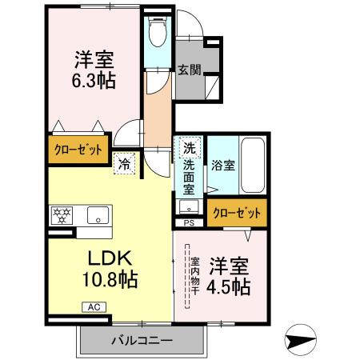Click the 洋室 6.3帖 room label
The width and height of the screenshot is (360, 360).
(x=93, y=69)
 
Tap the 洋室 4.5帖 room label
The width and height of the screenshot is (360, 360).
(x=230, y=275)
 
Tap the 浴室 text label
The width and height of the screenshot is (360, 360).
(x=222, y=166)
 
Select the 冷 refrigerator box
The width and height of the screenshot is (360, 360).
(x=125, y=160)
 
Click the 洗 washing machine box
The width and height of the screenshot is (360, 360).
(x=188, y=148)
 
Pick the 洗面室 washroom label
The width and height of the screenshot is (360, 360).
(x=189, y=178)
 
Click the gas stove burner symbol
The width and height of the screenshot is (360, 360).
(x=62, y=214)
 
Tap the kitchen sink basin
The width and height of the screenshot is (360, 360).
(x=99, y=214)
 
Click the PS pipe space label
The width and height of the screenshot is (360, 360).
(x=189, y=222)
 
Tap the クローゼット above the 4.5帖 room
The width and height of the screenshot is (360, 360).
(x=237, y=213)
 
